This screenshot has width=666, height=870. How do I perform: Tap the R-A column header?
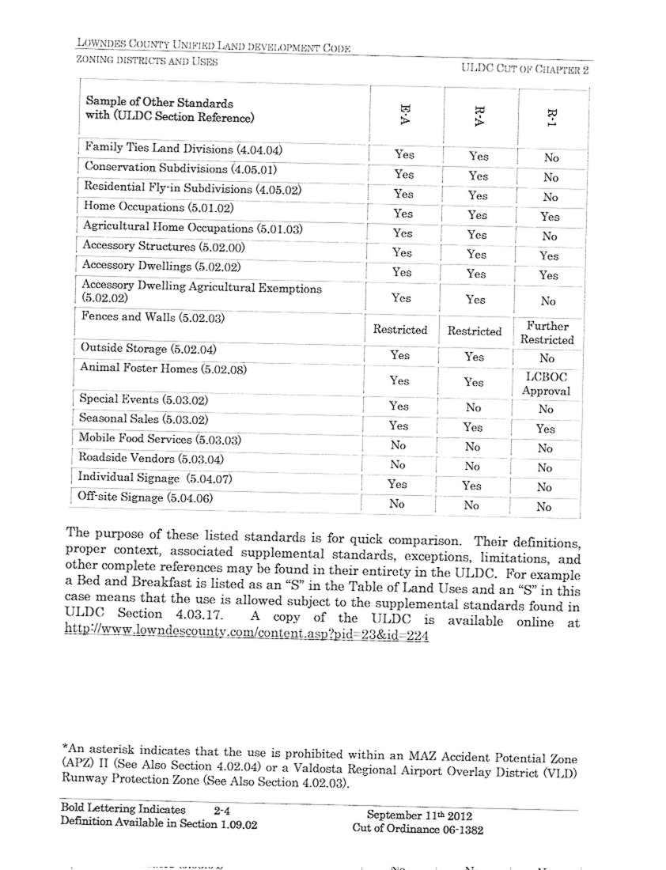coord(478,115)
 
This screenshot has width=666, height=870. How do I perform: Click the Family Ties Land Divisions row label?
coord(183,149)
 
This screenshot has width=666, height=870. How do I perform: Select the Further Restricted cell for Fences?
coord(547,333)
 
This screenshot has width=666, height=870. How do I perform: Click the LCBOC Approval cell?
coord(547,384)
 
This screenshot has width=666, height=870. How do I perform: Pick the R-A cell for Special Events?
coord(473,408)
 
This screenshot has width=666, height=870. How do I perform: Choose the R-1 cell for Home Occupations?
coord(550,217)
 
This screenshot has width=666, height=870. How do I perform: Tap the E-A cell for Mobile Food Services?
coord(398,445)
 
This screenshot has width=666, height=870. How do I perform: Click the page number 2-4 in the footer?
coord(221,810)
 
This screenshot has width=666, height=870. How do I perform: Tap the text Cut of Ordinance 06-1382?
coord(418,830)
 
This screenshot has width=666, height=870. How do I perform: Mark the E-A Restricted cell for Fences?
coord(400,330)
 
